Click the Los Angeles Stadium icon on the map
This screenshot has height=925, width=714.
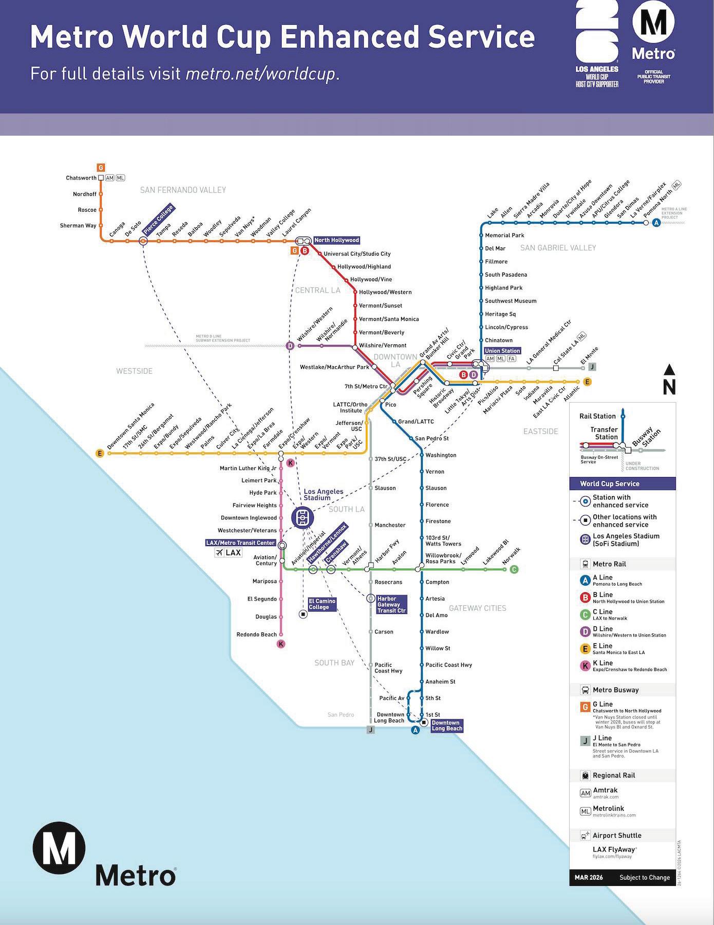[x=303, y=517]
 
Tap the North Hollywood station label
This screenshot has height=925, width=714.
[x=336, y=240]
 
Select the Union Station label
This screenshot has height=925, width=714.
[x=502, y=351]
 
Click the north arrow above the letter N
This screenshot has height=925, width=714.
[x=669, y=370]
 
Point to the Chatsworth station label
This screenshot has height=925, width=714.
[x=81, y=178]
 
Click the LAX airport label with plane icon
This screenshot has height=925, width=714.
[x=228, y=553]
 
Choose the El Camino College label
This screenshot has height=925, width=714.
[x=322, y=604]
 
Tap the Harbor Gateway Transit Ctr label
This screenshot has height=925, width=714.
[x=391, y=605]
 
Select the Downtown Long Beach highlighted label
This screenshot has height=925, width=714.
[x=446, y=726]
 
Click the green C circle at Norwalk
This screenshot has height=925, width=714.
[x=514, y=569]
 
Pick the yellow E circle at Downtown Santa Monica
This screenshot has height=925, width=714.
[x=100, y=454]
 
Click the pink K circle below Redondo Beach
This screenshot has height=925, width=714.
[x=281, y=644]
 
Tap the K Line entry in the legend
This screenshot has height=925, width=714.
[x=603, y=663]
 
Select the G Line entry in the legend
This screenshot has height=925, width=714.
[x=603, y=704]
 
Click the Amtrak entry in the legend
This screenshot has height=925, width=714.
[x=605, y=790]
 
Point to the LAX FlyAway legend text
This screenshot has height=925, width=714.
[x=614, y=849]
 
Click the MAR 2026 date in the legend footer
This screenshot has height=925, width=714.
[x=589, y=877]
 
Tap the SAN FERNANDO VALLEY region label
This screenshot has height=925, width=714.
[x=183, y=190]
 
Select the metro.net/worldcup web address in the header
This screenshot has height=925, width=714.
[x=260, y=74]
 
